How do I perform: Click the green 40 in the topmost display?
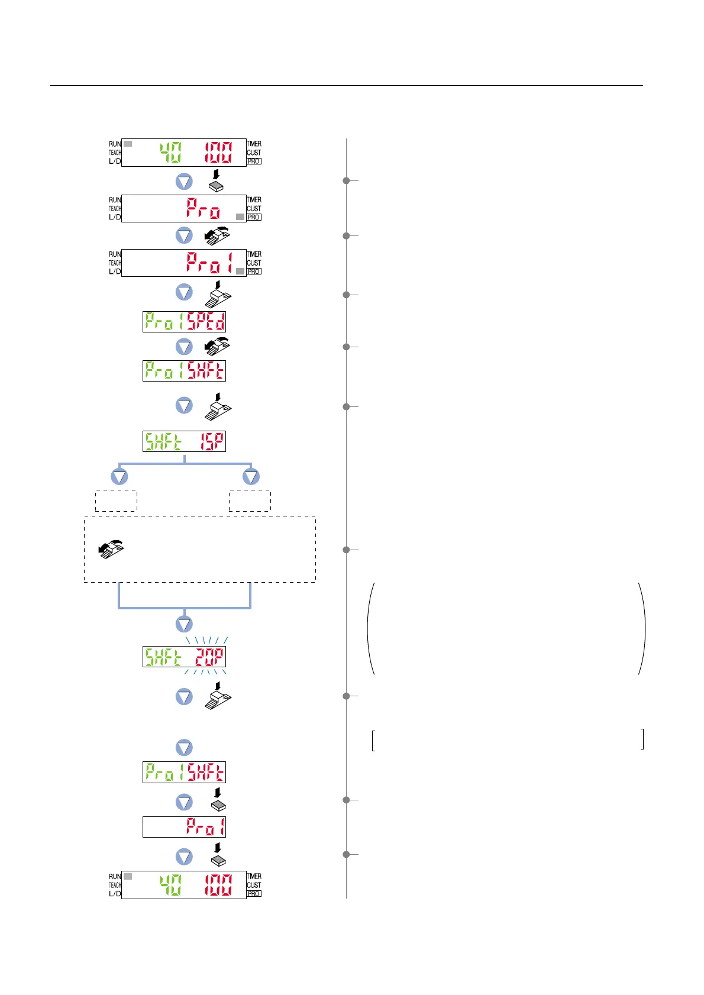(x=171, y=153)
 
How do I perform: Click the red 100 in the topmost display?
(x=218, y=153)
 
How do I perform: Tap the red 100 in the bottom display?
(x=218, y=885)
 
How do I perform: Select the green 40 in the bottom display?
(x=171, y=885)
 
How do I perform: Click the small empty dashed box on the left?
(x=116, y=500)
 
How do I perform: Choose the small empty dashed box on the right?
(x=250, y=500)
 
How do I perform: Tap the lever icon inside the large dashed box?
(x=111, y=550)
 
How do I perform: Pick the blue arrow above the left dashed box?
(x=120, y=477)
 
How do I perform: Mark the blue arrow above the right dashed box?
(x=251, y=477)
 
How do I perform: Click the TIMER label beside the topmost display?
(x=254, y=144)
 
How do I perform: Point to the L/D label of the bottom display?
(x=115, y=893)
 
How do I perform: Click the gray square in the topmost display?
(x=128, y=144)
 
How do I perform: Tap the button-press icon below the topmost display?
(x=217, y=182)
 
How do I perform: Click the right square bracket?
(x=642, y=740)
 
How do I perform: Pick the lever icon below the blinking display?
(x=218, y=696)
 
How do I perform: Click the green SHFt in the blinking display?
(x=163, y=657)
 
